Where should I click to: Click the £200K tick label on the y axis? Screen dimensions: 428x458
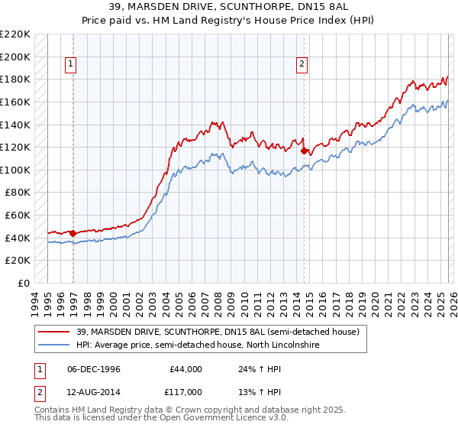[x=15, y=57]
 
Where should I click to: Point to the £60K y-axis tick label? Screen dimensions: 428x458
[x=18, y=216]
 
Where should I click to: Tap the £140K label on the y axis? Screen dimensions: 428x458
[x=15, y=125]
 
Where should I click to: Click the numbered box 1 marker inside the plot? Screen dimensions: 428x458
[x=70, y=65]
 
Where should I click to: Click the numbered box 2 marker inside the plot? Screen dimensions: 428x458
[x=302, y=65]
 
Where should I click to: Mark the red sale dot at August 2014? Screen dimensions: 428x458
[x=304, y=151]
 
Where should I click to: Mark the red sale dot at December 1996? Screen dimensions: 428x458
[x=73, y=233]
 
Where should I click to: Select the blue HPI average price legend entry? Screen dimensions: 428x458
[x=197, y=345]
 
